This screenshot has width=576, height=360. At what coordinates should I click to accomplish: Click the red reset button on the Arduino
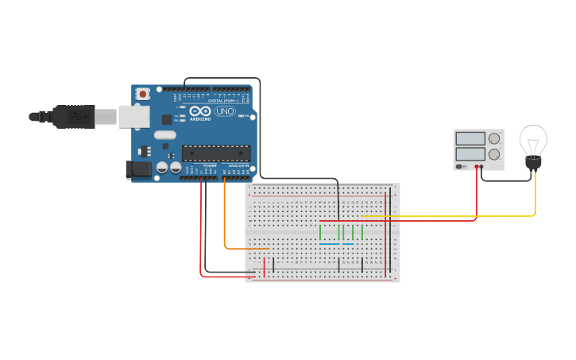pyautogui.click(x=142, y=94)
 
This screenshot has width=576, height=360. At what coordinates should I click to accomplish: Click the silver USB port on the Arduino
pyautogui.click(x=133, y=117)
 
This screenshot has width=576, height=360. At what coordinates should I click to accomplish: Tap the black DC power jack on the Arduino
pyautogui.click(x=139, y=169)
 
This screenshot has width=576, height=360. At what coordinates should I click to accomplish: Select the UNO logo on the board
pyautogui.click(x=225, y=111)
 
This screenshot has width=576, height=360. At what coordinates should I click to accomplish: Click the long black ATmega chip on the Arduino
pyautogui.click(x=216, y=153)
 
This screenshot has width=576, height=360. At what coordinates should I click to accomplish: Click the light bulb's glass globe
pyautogui.click(x=533, y=141)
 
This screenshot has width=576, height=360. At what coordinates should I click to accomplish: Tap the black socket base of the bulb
pyautogui.click(x=533, y=163)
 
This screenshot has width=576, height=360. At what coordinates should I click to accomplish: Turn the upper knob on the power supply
pyautogui.click(x=494, y=138)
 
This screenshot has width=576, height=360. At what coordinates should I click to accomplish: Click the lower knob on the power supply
pyautogui.click(x=494, y=154)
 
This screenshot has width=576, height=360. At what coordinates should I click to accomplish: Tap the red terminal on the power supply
pyautogui.click(x=477, y=167)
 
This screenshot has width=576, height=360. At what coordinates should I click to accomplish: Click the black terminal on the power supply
pyautogui.click(x=483, y=167)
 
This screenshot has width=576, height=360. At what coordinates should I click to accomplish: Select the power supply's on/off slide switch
pyautogui.click(x=461, y=167)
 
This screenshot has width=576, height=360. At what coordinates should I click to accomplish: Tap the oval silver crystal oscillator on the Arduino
pyautogui.click(x=164, y=135)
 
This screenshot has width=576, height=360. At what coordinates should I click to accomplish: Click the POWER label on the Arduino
pyautogui.click(x=209, y=165)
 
